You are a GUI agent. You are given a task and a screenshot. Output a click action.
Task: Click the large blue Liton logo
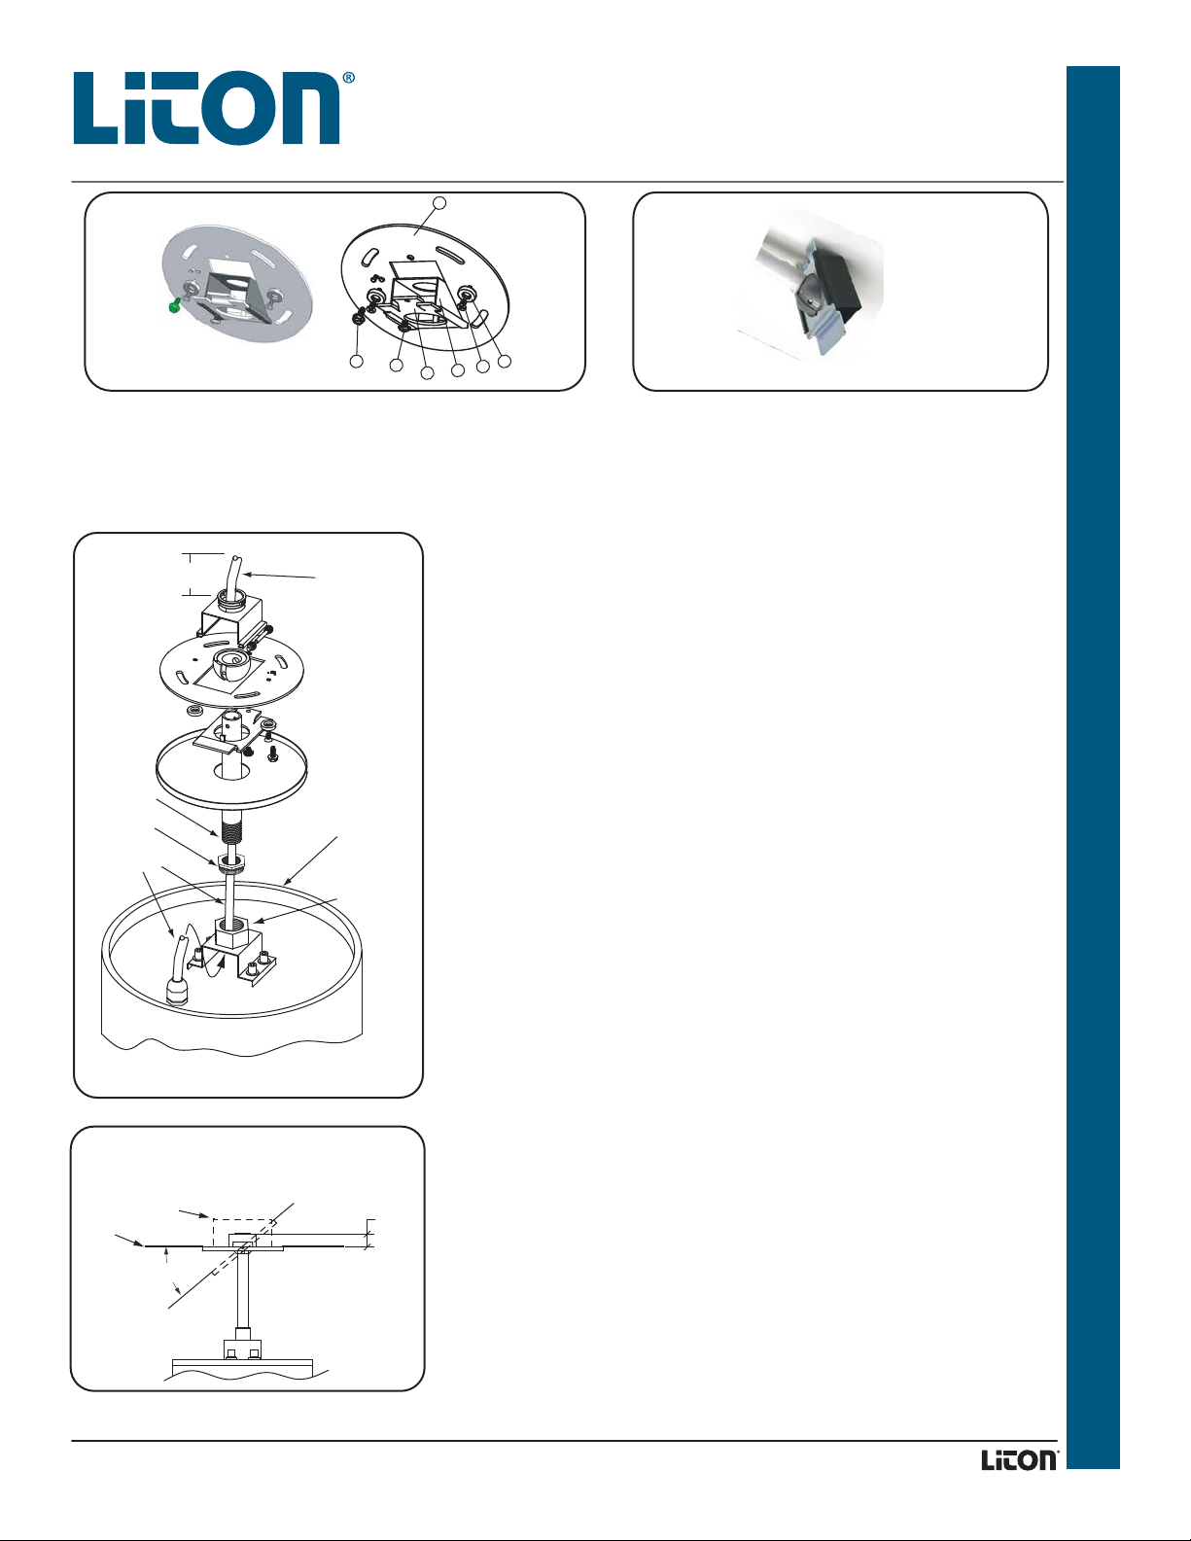click(206, 108)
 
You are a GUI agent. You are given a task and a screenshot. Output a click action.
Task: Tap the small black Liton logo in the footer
click(1020, 1459)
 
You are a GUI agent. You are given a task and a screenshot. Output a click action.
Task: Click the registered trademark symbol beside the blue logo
click(348, 78)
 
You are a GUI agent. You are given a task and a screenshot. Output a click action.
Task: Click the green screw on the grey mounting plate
click(172, 306)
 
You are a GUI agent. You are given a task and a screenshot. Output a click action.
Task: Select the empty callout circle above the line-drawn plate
click(439, 203)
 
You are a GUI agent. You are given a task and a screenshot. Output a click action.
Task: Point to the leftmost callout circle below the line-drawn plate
click(357, 361)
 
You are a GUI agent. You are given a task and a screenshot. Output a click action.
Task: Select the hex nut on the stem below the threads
click(229, 861)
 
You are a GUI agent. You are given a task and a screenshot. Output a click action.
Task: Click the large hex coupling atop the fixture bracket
click(231, 931)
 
